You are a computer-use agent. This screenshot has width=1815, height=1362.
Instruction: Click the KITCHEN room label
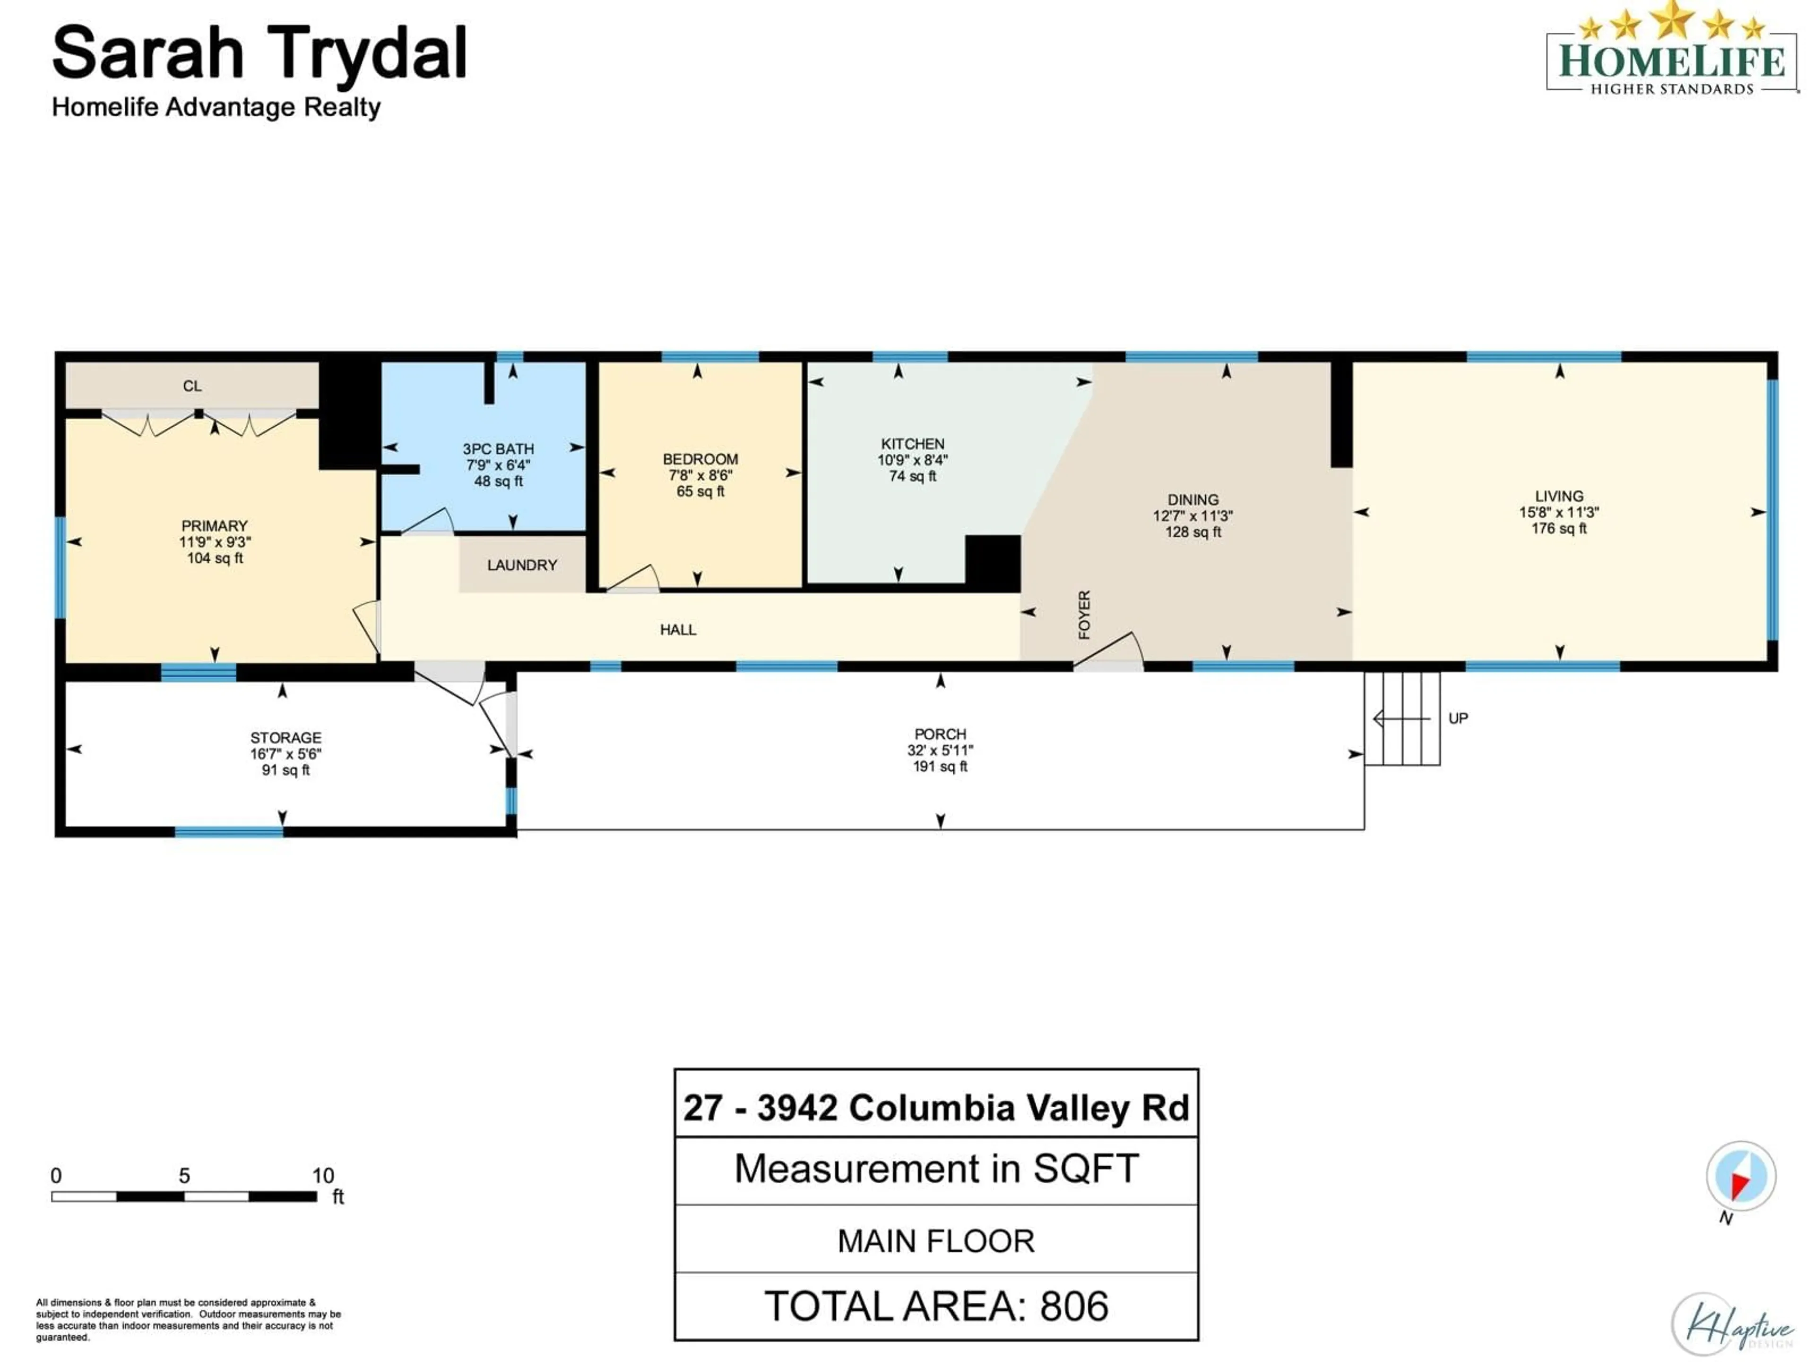click(912, 443)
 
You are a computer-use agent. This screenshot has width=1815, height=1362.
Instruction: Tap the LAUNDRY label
click(522, 565)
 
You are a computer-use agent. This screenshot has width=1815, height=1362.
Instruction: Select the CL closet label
click(192, 386)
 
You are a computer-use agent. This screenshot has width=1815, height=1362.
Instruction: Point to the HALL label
click(678, 630)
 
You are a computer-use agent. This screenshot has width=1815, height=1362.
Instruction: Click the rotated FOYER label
click(1084, 614)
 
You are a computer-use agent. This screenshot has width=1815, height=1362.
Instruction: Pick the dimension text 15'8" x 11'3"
click(1558, 512)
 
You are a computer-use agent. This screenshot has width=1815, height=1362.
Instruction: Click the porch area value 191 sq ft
click(940, 766)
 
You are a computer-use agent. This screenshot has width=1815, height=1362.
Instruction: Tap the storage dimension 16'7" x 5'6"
click(285, 754)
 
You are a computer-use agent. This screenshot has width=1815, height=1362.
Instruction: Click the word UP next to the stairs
click(1458, 718)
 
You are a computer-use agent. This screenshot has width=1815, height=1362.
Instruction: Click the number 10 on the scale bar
click(322, 1176)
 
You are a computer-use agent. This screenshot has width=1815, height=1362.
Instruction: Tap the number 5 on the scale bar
click(185, 1176)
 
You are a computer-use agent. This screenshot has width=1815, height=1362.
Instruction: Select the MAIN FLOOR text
click(936, 1240)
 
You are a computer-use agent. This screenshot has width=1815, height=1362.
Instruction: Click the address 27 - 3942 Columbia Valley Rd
click(936, 1108)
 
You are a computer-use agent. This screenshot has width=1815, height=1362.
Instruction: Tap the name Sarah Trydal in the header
click(259, 54)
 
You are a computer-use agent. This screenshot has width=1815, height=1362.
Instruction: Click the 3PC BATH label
click(498, 449)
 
